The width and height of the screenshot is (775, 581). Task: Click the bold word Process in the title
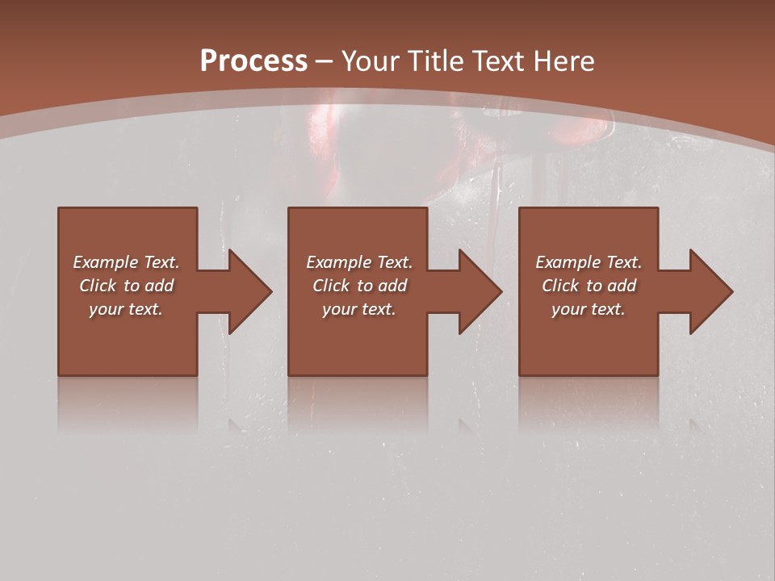point(253,61)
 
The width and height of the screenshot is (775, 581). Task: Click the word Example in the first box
point(105,262)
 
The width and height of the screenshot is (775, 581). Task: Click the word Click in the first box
point(98,286)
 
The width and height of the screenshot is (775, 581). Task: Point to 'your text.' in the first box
point(126,309)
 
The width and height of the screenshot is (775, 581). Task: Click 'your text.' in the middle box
point(358,309)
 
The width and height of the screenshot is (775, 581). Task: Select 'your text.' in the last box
point(589,309)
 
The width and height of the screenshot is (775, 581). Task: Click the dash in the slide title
point(325,62)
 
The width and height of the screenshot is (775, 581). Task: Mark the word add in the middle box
point(392,286)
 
